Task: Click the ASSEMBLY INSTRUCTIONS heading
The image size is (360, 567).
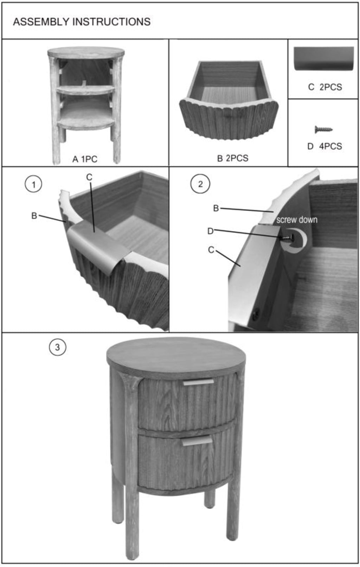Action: (82, 22)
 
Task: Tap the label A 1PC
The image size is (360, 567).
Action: (85, 159)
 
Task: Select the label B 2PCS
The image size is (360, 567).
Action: (233, 158)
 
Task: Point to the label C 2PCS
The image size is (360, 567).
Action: (325, 87)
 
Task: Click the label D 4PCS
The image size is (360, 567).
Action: (324, 146)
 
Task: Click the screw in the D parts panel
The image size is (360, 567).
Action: (323, 129)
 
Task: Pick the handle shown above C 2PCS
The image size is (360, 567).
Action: (324, 58)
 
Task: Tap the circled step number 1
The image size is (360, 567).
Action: (33, 184)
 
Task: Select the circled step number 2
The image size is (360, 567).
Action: (200, 184)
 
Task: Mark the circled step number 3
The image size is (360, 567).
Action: (57, 347)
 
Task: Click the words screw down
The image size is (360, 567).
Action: (297, 220)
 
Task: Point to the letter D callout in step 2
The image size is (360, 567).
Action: (211, 231)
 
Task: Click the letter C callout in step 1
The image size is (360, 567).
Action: (89, 177)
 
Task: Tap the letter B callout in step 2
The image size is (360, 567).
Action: (216, 208)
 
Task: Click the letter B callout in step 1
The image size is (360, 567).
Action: (34, 216)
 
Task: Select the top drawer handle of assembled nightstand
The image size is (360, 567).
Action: (198, 382)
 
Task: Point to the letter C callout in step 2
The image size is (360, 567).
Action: (211, 250)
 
